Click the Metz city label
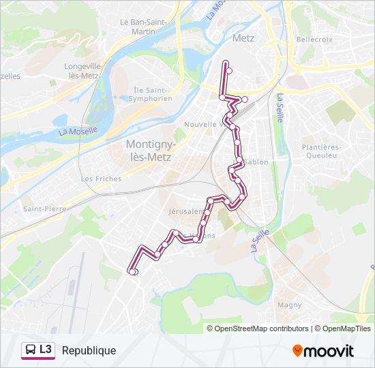243,38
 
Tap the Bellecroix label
314,40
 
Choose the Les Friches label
101,179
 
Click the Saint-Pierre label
42,209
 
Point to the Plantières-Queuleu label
320,151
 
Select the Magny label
290,305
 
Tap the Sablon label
257,162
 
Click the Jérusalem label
184,211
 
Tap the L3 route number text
46,350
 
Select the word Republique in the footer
89,350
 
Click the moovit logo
323,350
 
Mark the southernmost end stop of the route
133,272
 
